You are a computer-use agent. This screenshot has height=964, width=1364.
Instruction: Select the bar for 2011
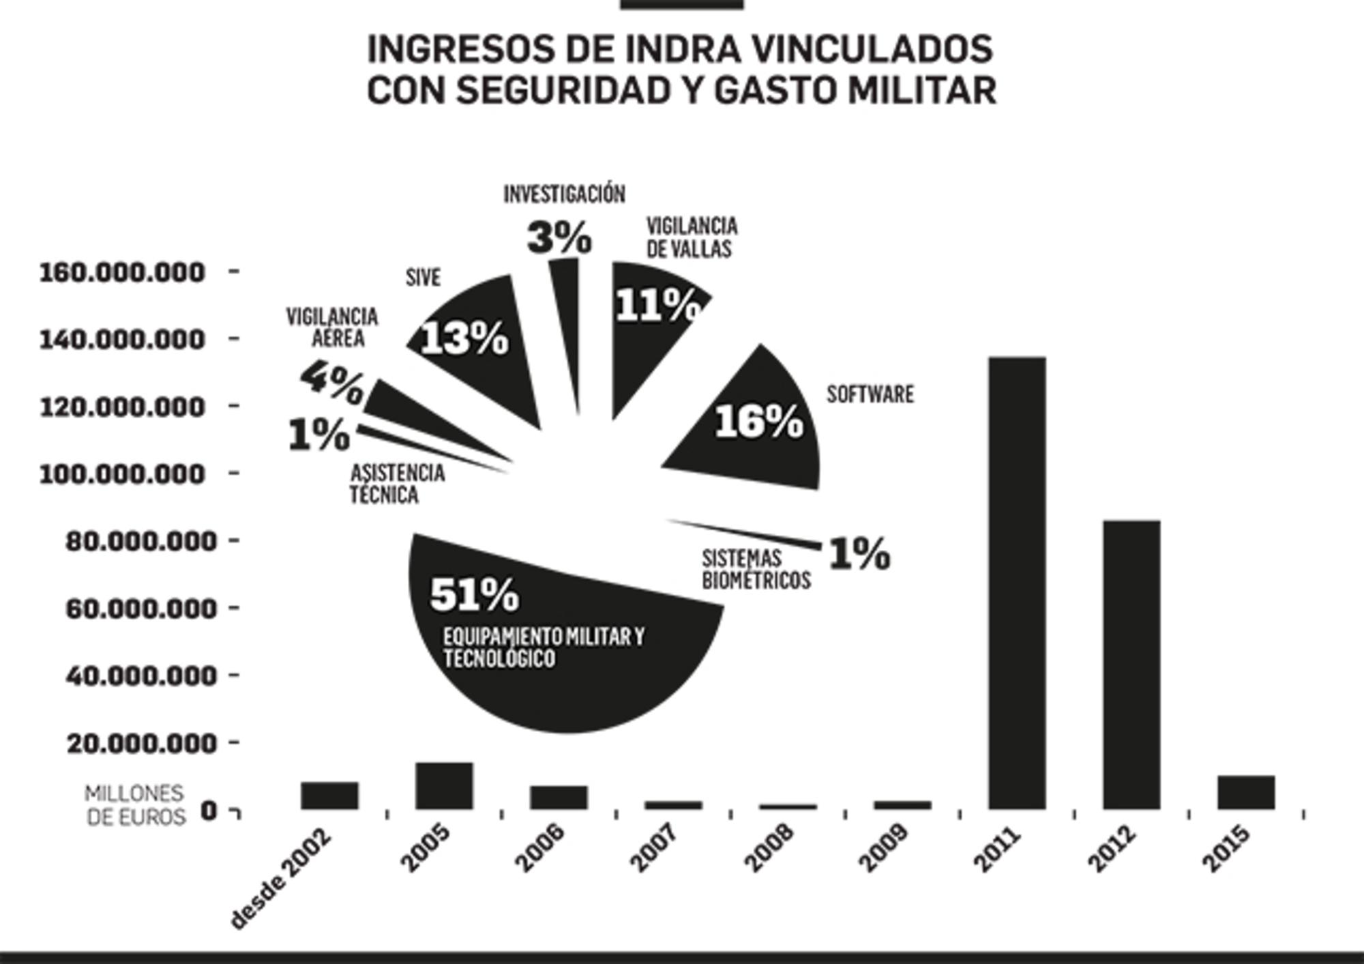(1017, 583)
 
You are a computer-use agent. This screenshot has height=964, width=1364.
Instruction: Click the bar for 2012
(1131, 664)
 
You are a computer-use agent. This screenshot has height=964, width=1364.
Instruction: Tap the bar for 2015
(1246, 792)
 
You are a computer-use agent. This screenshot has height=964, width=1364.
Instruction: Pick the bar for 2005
(444, 786)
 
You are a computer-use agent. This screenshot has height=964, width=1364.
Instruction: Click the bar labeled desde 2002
(329, 795)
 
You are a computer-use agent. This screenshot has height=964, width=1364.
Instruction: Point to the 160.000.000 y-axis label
(122, 272)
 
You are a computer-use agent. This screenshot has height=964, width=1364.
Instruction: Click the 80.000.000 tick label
(140, 542)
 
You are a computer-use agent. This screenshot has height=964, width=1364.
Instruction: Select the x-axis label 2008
(769, 848)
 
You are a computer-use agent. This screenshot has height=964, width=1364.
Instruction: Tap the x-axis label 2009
(884, 848)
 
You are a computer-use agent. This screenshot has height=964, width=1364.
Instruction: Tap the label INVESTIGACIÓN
(564, 194)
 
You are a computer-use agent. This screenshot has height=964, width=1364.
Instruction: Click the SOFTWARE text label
(870, 394)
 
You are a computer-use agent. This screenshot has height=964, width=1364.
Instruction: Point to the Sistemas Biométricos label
(756, 570)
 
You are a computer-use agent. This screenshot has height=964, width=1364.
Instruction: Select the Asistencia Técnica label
(397, 484)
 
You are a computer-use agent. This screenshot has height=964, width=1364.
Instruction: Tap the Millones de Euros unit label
(135, 805)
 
